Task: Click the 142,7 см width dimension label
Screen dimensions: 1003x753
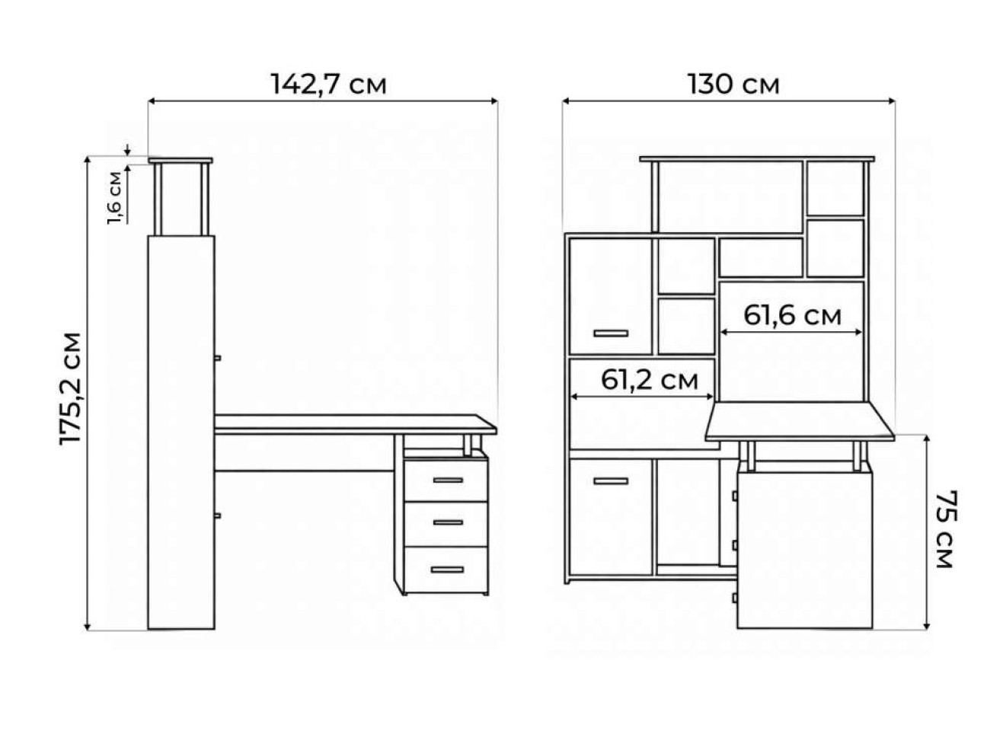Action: point(328,85)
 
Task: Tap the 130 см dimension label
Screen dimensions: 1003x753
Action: point(733,85)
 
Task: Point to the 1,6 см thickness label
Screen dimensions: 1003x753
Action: point(114,198)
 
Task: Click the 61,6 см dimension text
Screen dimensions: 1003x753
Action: point(792,315)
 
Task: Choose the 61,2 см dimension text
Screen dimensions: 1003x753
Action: point(650,379)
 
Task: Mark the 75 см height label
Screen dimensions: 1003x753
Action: point(945,529)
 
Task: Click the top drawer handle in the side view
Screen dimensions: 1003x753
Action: point(448,480)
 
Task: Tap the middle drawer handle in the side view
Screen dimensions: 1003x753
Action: point(448,522)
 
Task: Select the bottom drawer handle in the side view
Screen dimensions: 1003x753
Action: point(447,570)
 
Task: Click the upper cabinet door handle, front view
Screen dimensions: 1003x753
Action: point(611,333)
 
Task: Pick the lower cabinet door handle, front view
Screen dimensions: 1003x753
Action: point(611,481)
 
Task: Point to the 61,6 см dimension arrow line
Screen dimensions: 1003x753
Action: point(791,333)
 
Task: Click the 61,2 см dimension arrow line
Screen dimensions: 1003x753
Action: point(643,397)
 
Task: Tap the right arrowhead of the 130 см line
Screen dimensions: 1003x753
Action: point(891,101)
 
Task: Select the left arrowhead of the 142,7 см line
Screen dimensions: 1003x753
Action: point(152,101)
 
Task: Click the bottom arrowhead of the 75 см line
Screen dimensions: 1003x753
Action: point(927,626)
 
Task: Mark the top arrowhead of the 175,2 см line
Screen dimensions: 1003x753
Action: point(88,161)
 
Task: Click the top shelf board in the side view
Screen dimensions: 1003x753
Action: point(180,161)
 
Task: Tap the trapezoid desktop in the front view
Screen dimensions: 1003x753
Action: point(800,421)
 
